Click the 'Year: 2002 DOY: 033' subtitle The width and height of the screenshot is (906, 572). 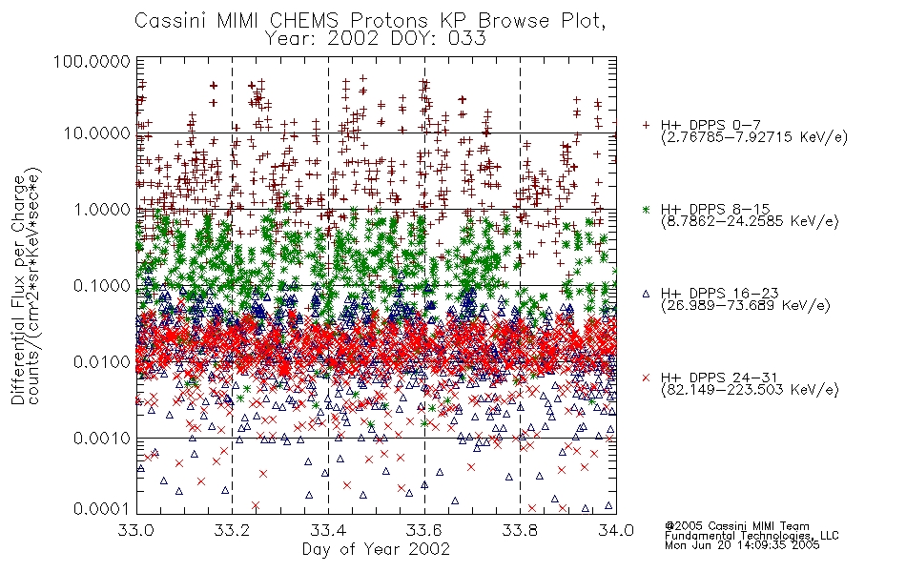375,39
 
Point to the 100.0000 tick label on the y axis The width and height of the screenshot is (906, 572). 92,61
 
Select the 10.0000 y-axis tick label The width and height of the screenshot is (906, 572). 96,134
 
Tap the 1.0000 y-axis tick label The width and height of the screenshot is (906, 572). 102,209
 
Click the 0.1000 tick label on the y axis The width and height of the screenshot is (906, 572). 102,285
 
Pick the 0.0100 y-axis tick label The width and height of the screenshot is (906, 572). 102,362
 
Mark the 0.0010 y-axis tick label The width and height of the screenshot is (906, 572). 102,439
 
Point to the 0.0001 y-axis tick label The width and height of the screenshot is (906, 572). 102,509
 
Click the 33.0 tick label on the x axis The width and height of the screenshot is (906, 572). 136,530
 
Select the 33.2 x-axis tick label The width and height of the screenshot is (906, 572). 233,530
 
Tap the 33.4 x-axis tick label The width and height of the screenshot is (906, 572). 329,530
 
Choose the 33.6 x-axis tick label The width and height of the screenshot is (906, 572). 424,530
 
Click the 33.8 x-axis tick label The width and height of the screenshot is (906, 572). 520,530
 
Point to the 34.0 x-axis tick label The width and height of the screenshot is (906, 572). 616,530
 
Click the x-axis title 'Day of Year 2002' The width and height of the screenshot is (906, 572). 376,549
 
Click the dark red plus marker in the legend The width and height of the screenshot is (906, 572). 646,125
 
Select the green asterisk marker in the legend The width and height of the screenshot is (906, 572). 646,209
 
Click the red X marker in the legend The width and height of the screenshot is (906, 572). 646,378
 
